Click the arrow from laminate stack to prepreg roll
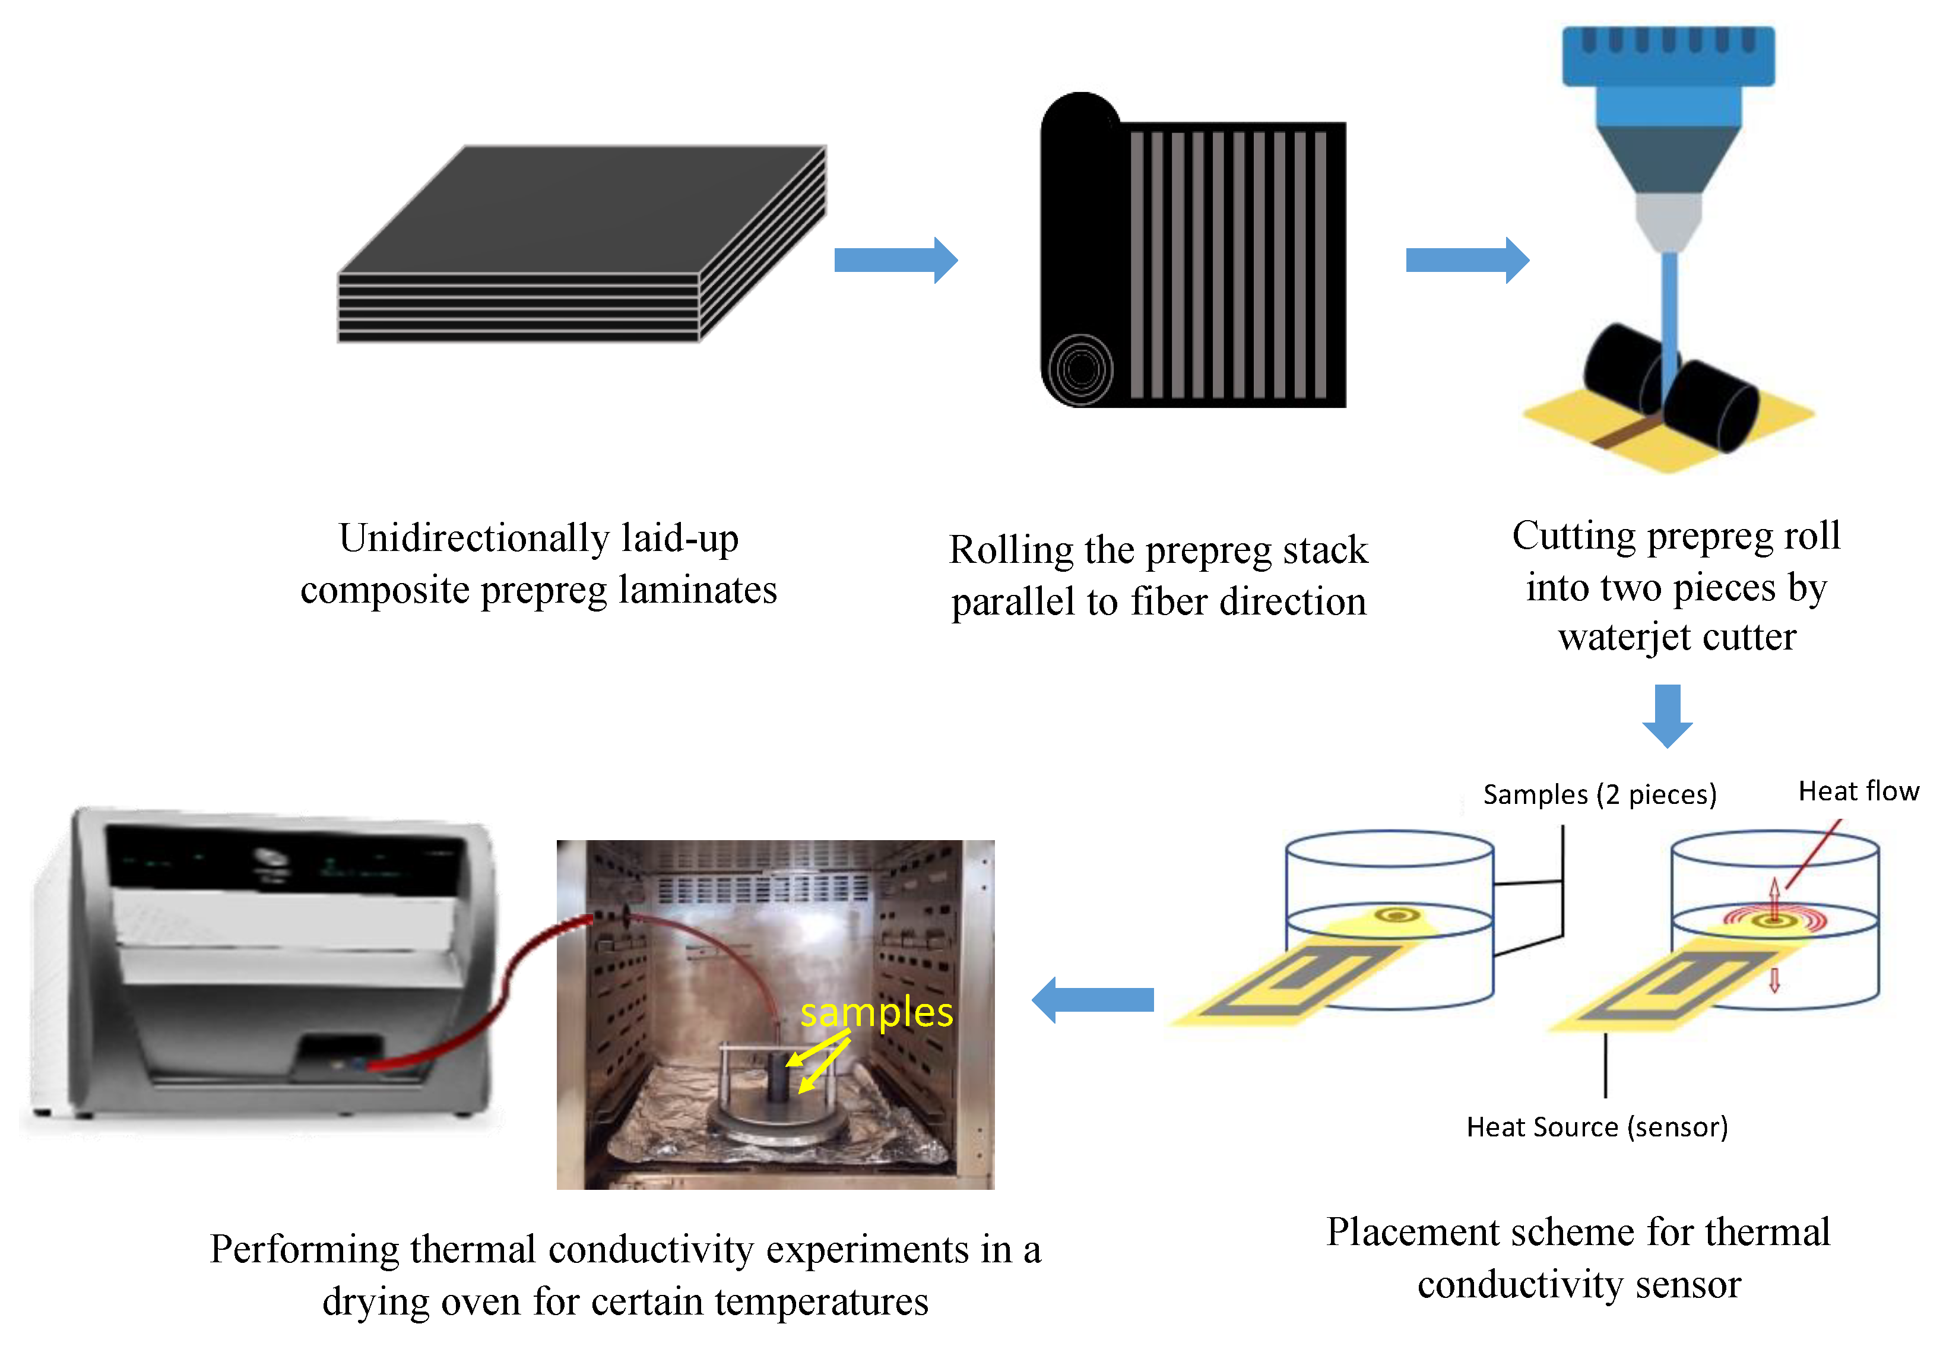point(896,259)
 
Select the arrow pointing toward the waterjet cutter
point(1467,259)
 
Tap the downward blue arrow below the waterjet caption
point(1667,716)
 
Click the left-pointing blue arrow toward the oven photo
point(1093,999)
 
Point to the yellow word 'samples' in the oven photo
point(876,1013)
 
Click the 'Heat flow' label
point(1859,791)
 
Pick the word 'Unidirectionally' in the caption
point(475,538)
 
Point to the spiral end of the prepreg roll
point(1081,369)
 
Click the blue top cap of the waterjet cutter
point(1668,56)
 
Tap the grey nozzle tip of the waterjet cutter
point(1668,223)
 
